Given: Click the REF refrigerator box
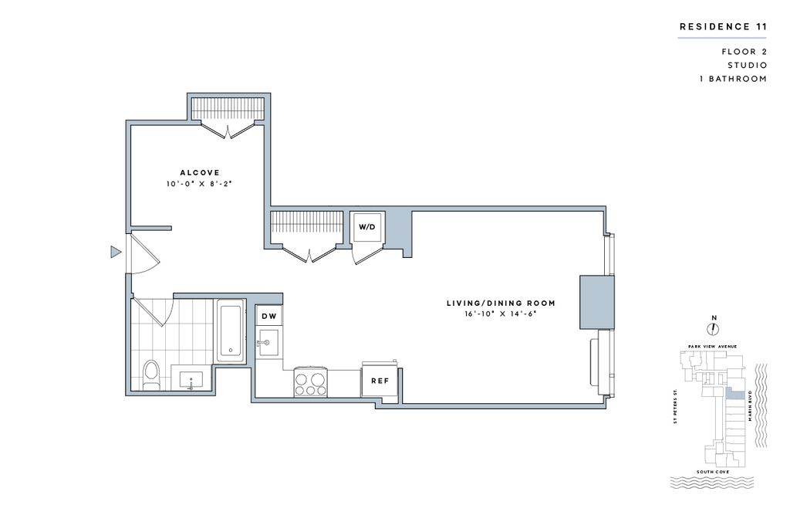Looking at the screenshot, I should pyautogui.click(x=380, y=379).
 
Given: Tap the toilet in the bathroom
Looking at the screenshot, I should pyautogui.click(x=150, y=375).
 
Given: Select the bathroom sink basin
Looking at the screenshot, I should pyautogui.click(x=191, y=379).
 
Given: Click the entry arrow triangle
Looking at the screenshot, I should pyautogui.click(x=116, y=252).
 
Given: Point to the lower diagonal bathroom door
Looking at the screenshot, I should pyautogui.click(x=148, y=312).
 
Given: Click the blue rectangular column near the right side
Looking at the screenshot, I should pyautogui.click(x=597, y=302).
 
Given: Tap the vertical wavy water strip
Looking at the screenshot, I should pyautogui.click(x=761, y=405).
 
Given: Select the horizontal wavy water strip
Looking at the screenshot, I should pyautogui.click(x=712, y=483).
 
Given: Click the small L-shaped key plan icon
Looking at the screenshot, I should pyautogui.click(x=733, y=394).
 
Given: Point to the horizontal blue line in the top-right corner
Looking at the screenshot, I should pyautogui.click(x=721, y=37).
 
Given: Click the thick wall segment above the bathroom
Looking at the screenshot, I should pyautogui.click(x=228, y=297).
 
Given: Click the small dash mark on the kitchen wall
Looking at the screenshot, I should pyautogui.click(x=263, y=341).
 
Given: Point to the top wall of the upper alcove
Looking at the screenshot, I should pyautogui.click(x=229, y=95).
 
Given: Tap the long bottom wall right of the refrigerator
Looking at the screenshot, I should pyautogui.click(x=501, y=405).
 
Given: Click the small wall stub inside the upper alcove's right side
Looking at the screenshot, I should pyautogui.click(x=260, y=121).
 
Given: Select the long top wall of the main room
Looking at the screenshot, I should pyautogui.click(x=436, y=207).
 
